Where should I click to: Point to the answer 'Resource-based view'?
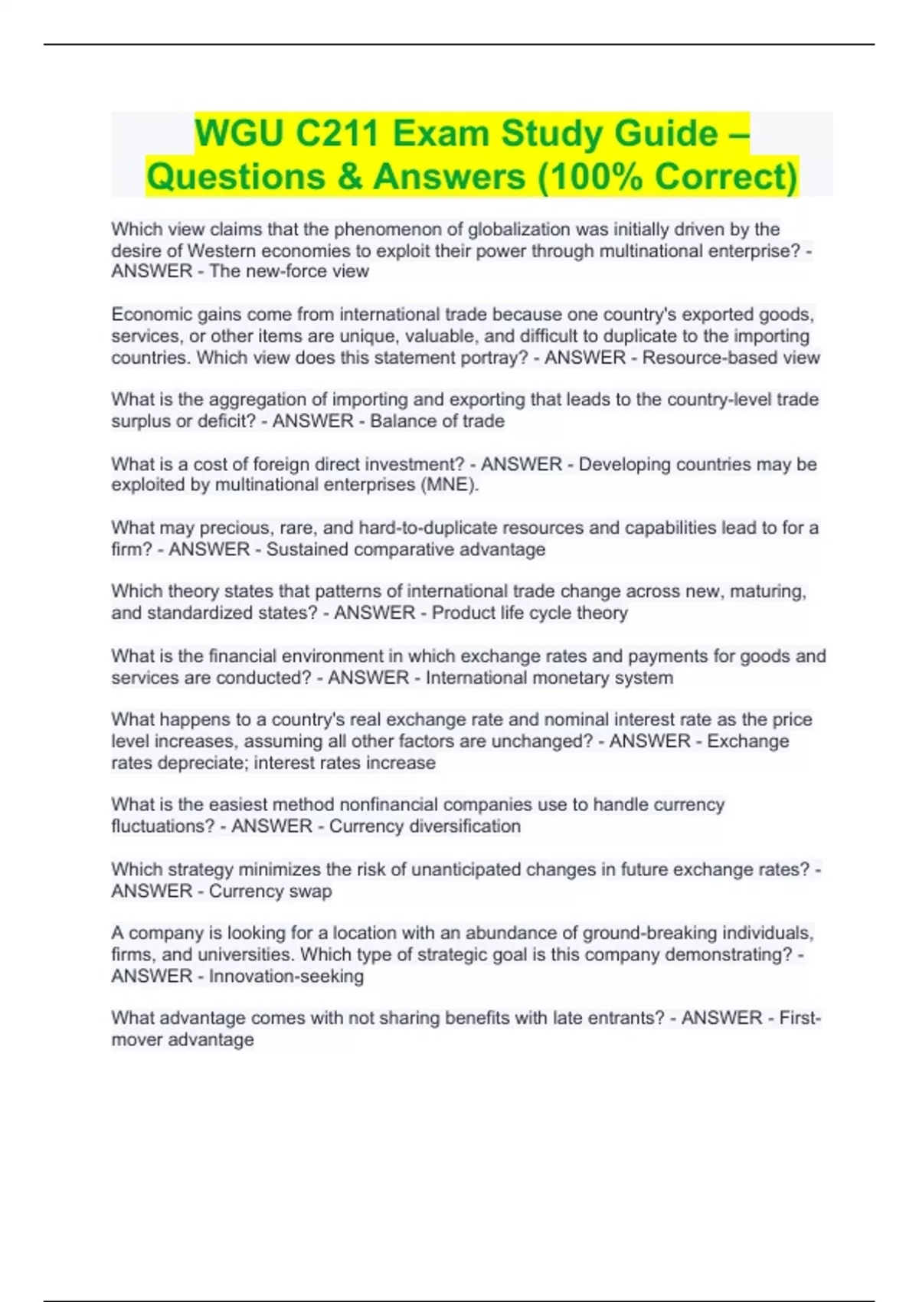(731, 358)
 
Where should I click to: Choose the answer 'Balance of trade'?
(437, 421)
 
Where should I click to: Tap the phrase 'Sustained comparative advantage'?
(405, 549)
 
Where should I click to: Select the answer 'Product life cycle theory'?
(529, 613)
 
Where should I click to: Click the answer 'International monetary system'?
(549, 678)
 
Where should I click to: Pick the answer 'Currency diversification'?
(424, 826)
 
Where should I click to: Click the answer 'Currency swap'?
(270, 891)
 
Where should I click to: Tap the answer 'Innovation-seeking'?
(286, 976)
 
